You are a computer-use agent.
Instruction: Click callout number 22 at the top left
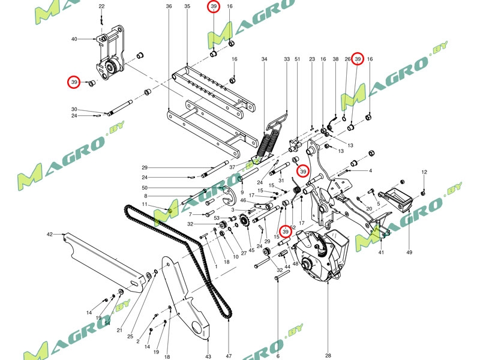[101, 6]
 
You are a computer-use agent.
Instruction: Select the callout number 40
[74, 40]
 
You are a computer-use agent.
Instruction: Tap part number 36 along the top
[169, 6]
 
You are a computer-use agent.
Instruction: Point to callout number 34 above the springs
[264, 59]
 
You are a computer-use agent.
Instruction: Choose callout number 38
[336, 59]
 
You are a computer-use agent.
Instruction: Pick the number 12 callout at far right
[424, 172]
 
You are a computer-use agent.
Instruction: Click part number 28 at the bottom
[328, 355]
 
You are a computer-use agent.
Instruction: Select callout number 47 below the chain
[229, 355]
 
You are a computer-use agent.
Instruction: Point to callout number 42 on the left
[50, 234]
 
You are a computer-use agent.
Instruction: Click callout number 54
[107, 323]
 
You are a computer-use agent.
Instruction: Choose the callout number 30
[74, 109]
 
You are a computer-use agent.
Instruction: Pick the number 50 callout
[145, 188]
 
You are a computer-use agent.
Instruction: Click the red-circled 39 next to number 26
[358, 59]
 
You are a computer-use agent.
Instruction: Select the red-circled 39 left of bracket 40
[74, 82]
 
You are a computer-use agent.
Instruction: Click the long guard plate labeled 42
[102, 258]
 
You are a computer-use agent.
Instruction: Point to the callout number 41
[380, 253]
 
